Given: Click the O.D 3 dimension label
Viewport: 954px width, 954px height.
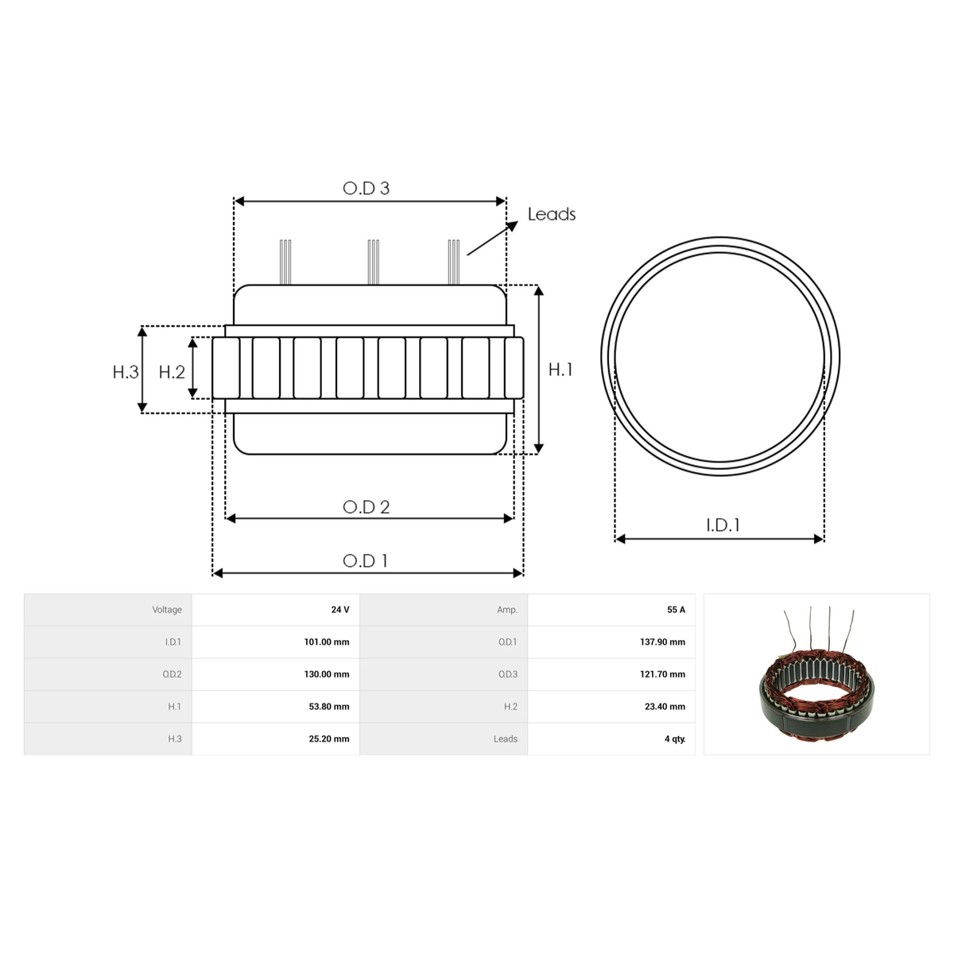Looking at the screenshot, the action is tap(366, 188).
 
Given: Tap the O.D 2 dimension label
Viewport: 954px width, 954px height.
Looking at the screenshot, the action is tap(366, 507).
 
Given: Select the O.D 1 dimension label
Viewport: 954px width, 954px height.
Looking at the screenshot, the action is tap(365, 561).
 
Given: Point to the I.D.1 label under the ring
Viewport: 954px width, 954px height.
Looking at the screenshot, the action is tap(723, 525).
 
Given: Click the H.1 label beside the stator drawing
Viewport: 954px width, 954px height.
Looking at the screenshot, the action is tap(560, 370).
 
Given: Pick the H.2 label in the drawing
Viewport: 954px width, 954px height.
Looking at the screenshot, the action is tap(172, 372).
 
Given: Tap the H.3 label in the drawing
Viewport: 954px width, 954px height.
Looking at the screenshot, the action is tap(126, 372).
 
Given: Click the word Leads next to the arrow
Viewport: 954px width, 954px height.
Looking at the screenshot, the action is tap(552, 215).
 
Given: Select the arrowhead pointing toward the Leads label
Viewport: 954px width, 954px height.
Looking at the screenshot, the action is tap(512, 227).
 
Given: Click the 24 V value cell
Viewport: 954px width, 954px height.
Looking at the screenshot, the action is tap(340, 610).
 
